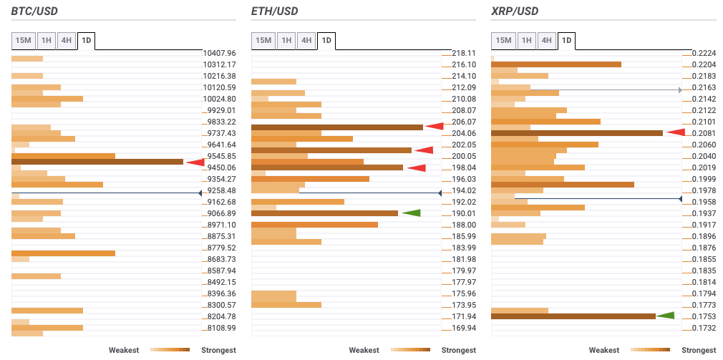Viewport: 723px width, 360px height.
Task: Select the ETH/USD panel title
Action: coord(275,11)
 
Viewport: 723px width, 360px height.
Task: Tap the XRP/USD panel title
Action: coord(515,11)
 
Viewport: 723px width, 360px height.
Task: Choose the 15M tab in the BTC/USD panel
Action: coord(23,41)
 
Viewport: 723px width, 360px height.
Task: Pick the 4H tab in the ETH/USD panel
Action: coord(306,41)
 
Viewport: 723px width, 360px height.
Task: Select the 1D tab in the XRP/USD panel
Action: coord(567,41)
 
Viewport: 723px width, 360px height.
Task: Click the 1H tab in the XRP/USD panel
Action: coord(526,41)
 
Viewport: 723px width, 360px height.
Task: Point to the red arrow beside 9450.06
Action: coord(195,162)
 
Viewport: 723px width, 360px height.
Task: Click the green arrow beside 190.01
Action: coord(411,213)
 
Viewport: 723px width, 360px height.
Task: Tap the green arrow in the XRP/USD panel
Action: coord(666,316)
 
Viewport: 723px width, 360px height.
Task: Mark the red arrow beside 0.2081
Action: coord(676,132)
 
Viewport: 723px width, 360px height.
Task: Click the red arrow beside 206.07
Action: coord(434,127)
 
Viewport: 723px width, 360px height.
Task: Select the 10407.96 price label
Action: coord(220,53)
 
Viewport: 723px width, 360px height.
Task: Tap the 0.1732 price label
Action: coord(704,328)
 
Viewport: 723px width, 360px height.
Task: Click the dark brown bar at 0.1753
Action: coord(573,316)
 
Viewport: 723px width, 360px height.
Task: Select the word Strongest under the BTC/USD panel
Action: coord(218,350)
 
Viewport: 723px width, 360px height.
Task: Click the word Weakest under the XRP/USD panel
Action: coord(604,350)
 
